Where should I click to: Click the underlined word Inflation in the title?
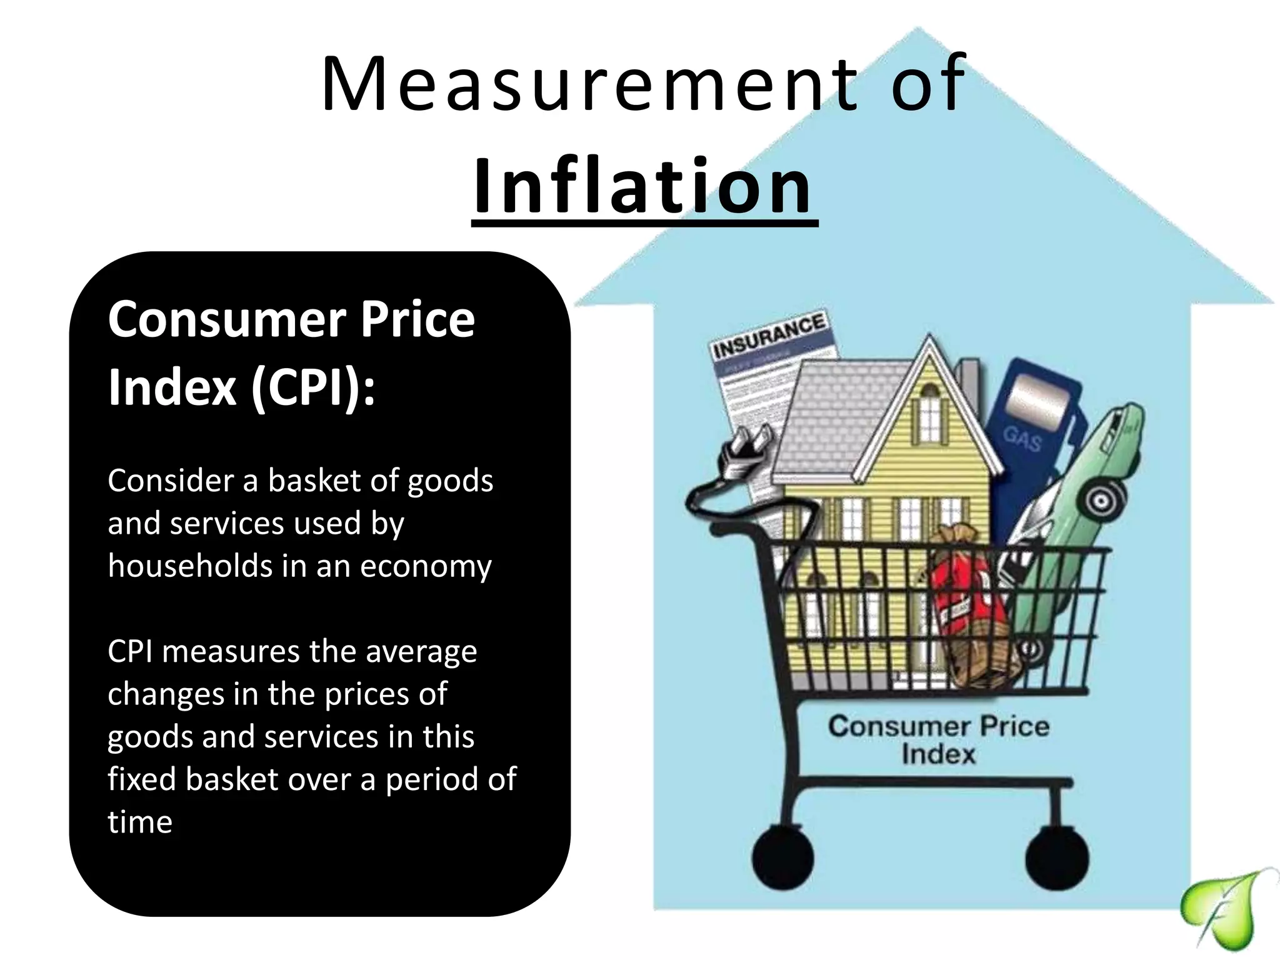click(644, 186)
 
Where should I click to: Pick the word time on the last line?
click(140, 822)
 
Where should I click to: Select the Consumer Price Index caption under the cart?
click(938, 740)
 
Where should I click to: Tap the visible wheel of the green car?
click(1105, 500)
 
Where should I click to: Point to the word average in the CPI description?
click(421, 652)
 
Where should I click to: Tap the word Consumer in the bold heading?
click(227, 320)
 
